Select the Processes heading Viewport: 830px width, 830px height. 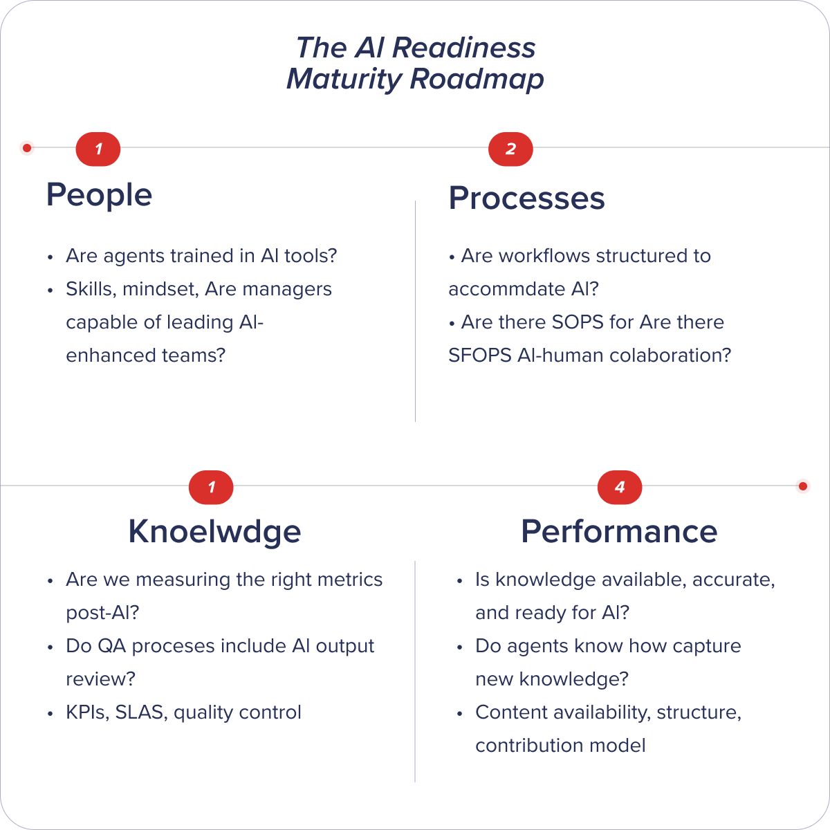(x=526, y=199)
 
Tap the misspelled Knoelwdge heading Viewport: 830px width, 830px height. (x=214, y=532)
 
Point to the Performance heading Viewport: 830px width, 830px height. (x=619, y=531)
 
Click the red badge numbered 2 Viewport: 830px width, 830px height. (x=510, y=149)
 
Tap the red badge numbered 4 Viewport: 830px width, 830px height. (x=620, y=488)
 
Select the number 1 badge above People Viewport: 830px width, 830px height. (x=98, y=149)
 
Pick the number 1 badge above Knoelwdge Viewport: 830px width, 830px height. (x=211, y=488)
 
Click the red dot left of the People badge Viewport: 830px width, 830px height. (x=27, y=147)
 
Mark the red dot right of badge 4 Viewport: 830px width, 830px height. (x=803, y=486)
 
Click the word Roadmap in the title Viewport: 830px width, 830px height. (x=477, y=80)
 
